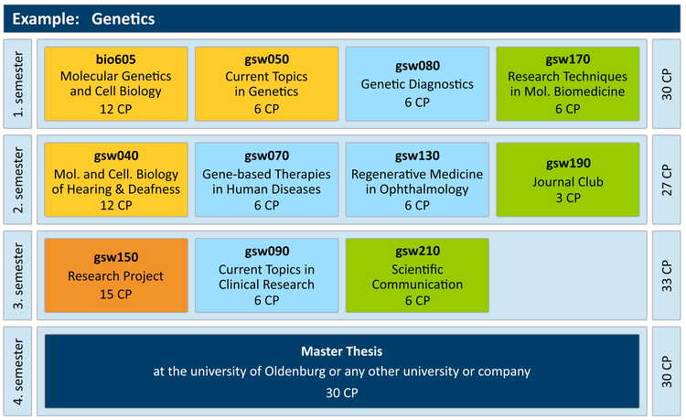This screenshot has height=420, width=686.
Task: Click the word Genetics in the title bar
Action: point(123,19)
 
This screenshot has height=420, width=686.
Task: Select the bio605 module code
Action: point(116,59)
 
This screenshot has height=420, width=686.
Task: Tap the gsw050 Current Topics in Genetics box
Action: point(266,83)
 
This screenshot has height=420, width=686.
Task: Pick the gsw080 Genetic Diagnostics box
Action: point(417,83)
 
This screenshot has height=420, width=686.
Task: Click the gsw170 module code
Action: point(567,59)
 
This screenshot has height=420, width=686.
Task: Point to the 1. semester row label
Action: point(18,84)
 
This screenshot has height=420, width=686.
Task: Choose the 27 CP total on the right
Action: point(666,180)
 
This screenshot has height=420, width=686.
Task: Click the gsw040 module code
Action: point(116,156)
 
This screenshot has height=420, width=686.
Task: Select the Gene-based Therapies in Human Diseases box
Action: point(266,179)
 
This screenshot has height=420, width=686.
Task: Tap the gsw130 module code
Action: point(417,156)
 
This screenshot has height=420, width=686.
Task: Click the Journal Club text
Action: point(567,181)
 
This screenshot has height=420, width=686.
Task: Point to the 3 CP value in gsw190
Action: point(568,198)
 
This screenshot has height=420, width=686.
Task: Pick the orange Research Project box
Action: point(116,275)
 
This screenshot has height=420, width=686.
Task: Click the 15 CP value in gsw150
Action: point(116,294)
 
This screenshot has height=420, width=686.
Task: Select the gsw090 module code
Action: point(266,251)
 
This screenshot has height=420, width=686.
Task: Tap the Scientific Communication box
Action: point(417,275)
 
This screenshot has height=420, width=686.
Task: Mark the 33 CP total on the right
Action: point(666,275)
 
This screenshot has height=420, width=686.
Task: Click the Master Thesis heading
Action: point(342,350)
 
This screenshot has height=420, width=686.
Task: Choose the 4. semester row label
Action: point(18,372)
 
